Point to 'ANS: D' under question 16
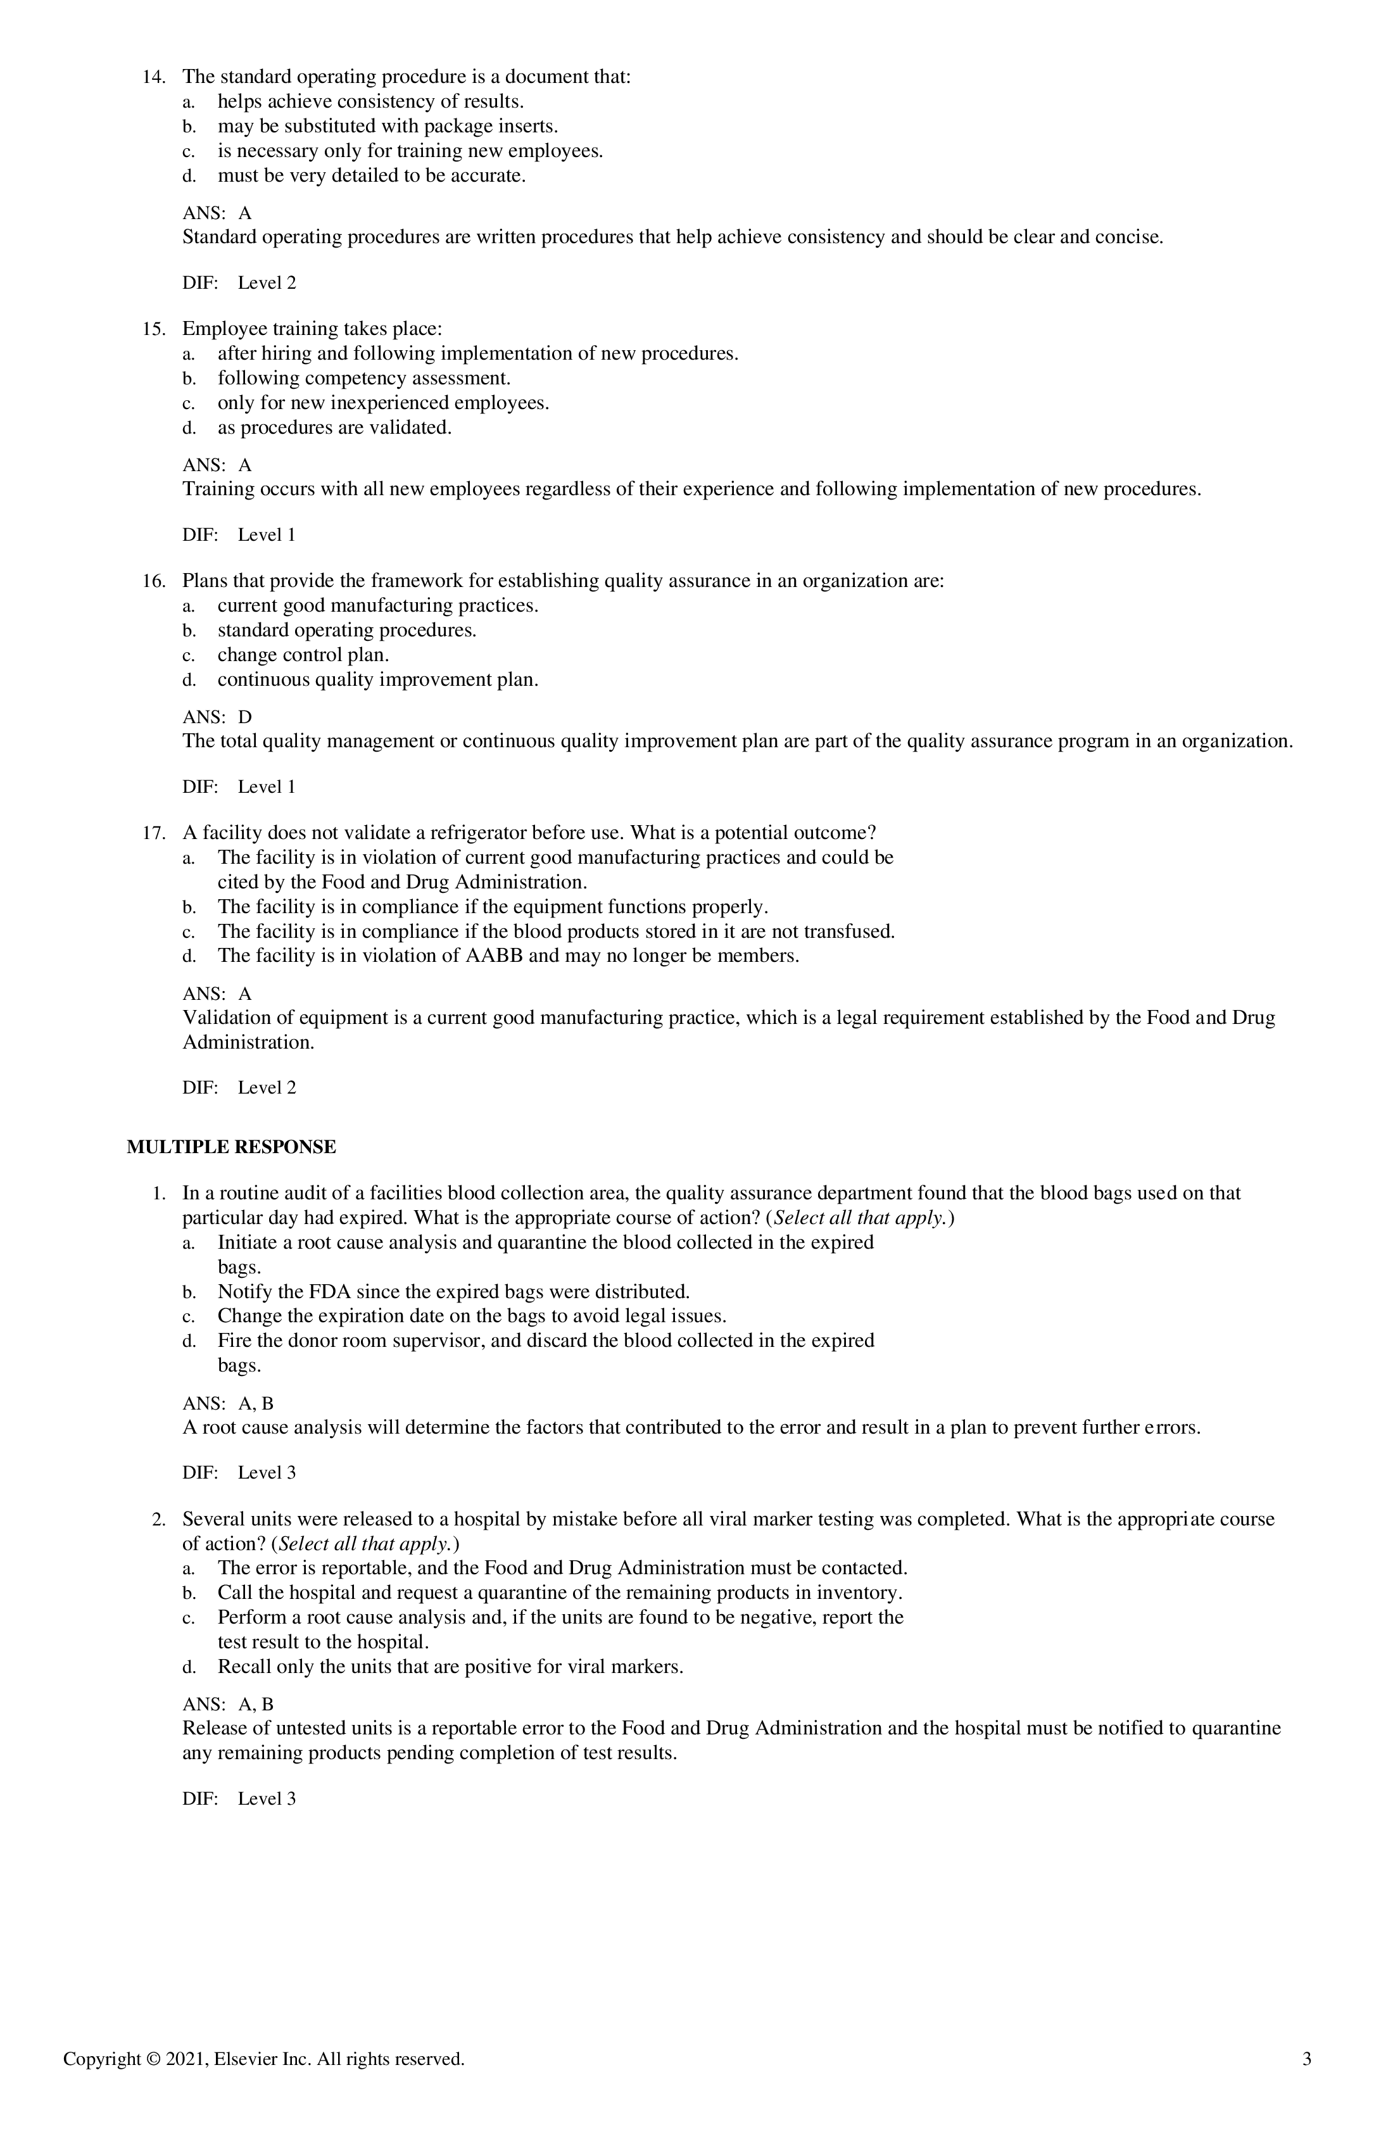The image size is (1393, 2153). click(x=217, y=717)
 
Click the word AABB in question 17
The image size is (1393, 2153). click(x=494, y=956)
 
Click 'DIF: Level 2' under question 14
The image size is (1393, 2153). click(x=239, y=282)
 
